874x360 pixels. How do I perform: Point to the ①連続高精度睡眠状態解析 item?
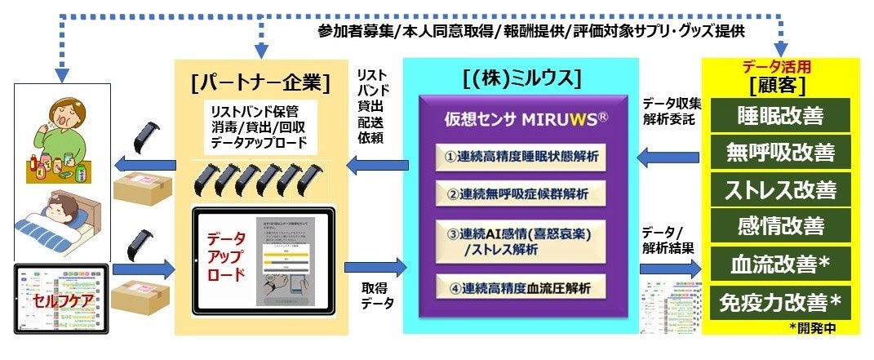click(x=521, y=155)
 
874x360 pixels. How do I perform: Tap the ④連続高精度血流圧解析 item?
click(x=521, y=287)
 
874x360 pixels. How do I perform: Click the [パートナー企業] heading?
click(x=258, y=82)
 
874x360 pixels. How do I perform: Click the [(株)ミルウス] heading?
click(x=521, y=79)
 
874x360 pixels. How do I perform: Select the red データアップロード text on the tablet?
click(x=224, y=256)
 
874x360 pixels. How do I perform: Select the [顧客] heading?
click(x=781, y=86)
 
